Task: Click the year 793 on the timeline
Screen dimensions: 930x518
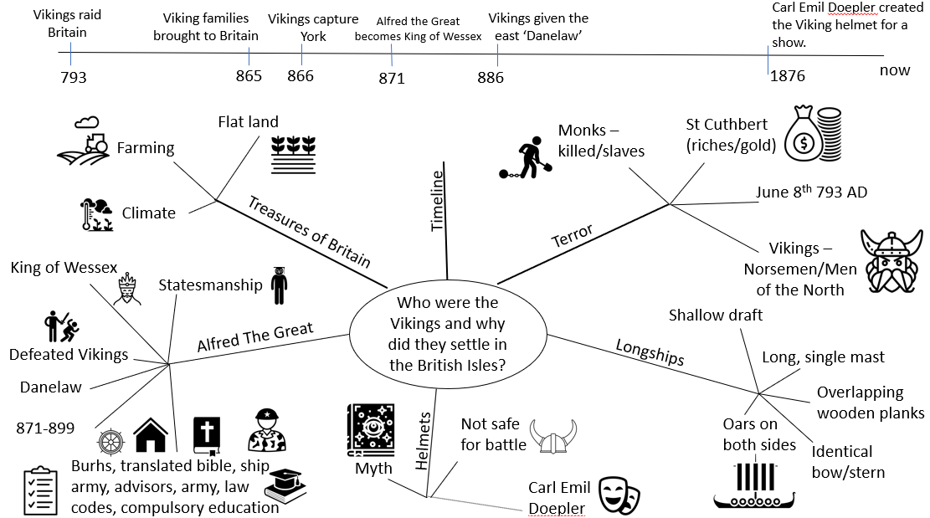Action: tap(74, 77)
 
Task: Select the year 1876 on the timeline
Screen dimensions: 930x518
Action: tap(788, 76)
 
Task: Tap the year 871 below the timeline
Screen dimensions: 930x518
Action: tap(392, 78)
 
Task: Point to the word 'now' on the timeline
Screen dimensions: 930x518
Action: tap(894, 70)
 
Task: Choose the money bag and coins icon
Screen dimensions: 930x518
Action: tap(813, 134)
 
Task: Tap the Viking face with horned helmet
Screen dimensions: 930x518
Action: tap(892, 261)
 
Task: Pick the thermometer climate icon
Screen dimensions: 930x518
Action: tap(96, 214)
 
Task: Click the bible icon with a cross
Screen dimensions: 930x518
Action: tap(207, 436)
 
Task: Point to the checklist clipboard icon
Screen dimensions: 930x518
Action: tap(40, 490)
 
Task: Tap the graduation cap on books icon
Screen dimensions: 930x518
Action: tap(285, 486)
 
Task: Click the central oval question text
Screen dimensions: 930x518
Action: tap(448, 334)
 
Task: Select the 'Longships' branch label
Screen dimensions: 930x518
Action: tap(650, 352)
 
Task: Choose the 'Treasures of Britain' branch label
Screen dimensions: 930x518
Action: tap(309, 232)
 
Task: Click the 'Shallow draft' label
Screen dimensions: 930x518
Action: tap(716, 315)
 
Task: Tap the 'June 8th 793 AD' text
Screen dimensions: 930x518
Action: tap(811, 192)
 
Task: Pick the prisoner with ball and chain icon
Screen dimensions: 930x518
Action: tap(526, 157)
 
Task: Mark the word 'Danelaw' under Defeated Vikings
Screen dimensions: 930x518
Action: tap(51, 387)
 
